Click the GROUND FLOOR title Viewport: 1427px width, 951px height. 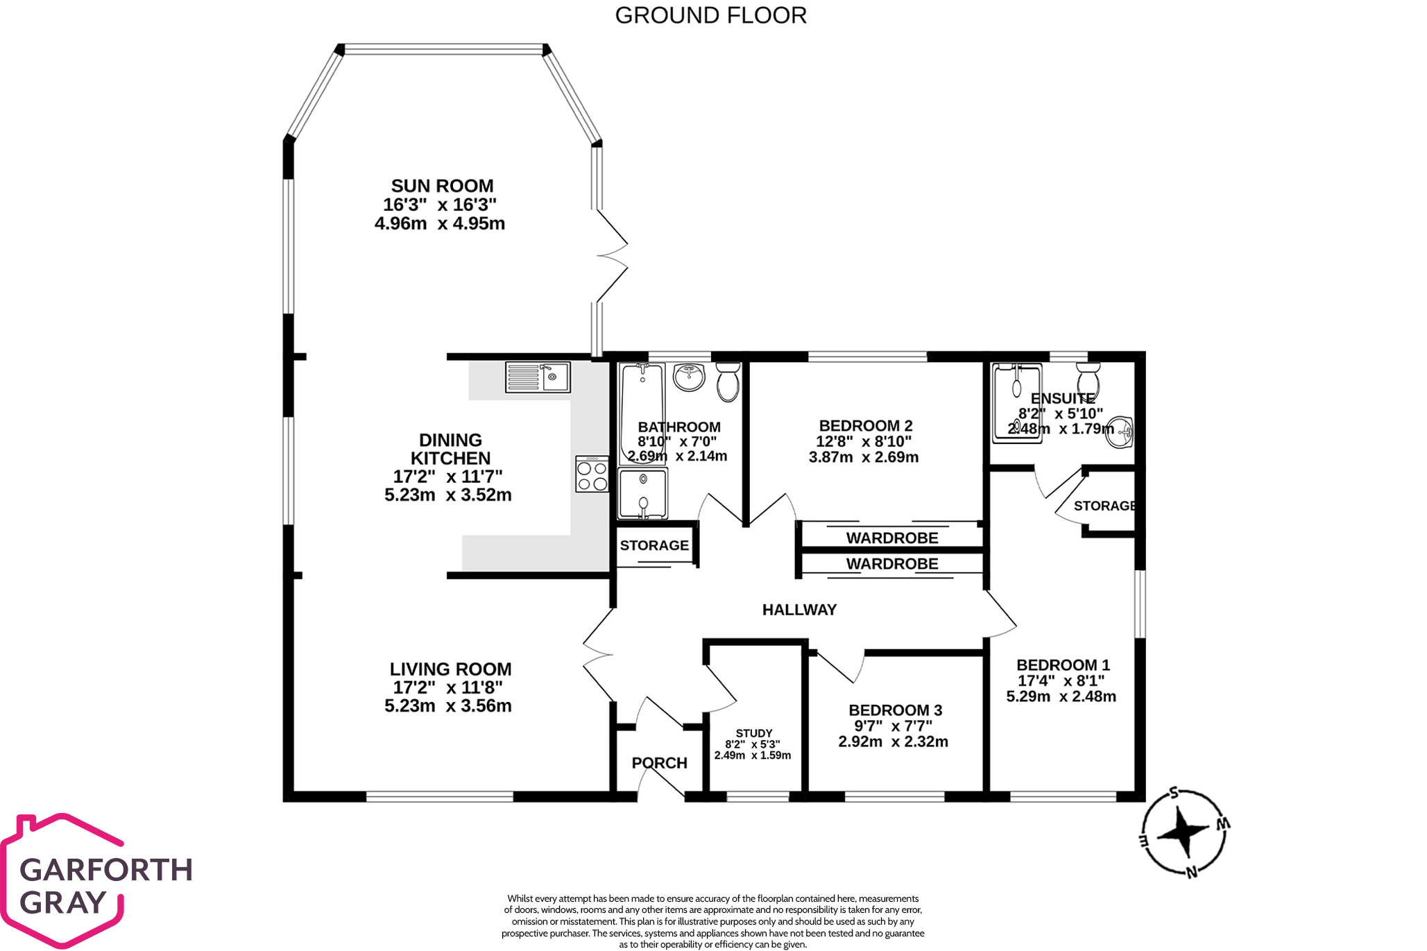[x=710, y=15]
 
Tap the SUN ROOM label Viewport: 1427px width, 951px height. [x=442, y=186]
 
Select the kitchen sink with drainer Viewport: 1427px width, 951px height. [x=538, y=377]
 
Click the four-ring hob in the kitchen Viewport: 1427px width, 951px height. [x=592, y=474]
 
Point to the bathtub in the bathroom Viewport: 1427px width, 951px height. [x=642, y=409]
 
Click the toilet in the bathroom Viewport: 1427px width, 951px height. [x=728, y=383]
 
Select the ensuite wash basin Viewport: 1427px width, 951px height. [x=1119, y=432]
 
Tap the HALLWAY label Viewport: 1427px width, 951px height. [x=799, y=610]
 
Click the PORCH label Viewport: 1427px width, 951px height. [x=659, y=763]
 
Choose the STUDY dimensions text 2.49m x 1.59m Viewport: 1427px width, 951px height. [x=753, y=755]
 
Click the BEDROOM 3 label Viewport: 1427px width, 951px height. [x=895, y=710]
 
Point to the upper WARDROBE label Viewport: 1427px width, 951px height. [x=892, y=538]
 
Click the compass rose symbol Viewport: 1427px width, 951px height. [x=1184, y=830]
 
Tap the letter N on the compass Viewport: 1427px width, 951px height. [x=1192, y=873]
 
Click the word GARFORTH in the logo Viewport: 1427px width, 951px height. [x=106, y=870]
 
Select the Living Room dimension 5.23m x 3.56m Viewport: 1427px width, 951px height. [x=448, y=706]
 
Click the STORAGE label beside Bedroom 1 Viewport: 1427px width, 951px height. [x=1104, y=506]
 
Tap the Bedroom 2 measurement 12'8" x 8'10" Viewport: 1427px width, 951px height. [x=864, y=441]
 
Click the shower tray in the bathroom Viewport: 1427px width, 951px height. [x=643, y=493]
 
